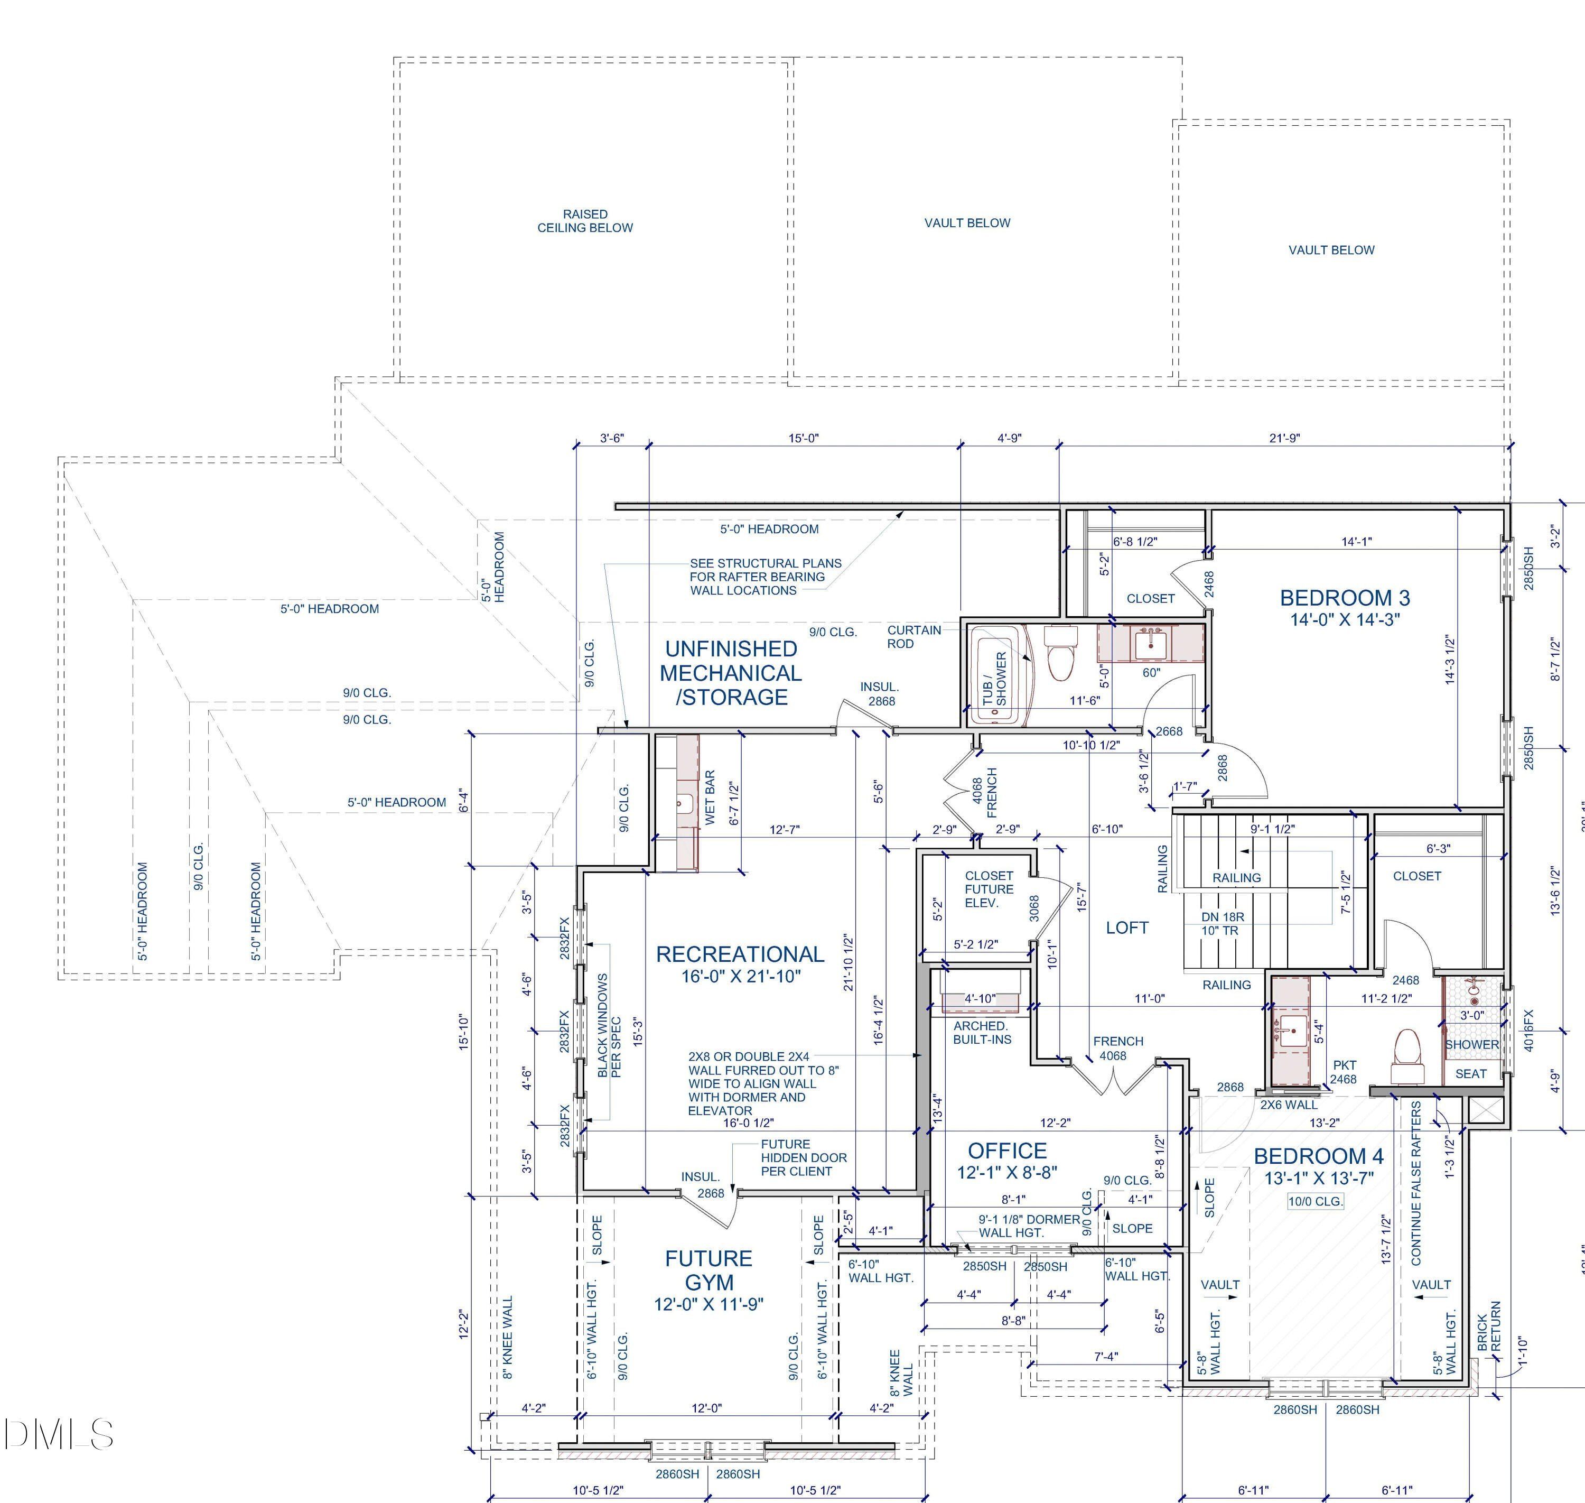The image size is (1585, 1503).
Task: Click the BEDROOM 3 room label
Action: pos(1345,598)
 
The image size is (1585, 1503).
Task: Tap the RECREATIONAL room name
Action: pos(740,954)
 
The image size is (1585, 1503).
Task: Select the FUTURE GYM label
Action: pos(709,1270)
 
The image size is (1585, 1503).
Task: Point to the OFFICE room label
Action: pos(1008,1151)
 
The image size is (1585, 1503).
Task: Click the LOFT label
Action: pos(1127,928)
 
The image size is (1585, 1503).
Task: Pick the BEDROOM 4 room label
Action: pos(1318,1156)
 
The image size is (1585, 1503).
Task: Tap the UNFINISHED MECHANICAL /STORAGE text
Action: pos(731,673)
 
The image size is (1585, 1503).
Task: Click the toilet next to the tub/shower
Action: pos(1061,652)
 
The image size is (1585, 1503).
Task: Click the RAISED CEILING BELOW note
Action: pos(585,221)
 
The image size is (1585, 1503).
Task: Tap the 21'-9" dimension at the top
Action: pos(1285,438)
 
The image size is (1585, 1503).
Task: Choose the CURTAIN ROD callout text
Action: pos(914,637)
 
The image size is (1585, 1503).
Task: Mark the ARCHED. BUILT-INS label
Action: pos(982,1033)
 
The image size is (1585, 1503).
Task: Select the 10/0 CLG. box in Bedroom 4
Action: pos(1315,1202)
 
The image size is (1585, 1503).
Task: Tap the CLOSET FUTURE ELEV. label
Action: pos(989,889)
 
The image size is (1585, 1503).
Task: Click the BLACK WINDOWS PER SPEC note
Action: pos(610,1025)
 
